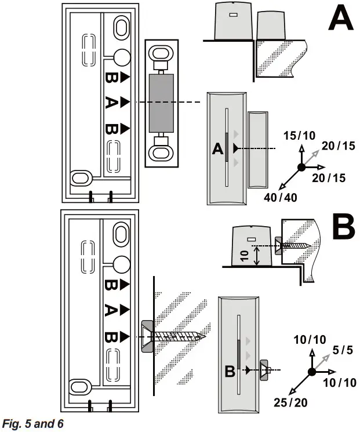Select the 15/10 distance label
click(x=299, y=136)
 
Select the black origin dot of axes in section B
click(x=311, y=372)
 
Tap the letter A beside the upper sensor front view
click(x=218, y=150)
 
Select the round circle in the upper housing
click(x=121, y=57)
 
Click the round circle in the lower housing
click(x=121, y=264)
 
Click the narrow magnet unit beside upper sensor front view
click(x=255, y=150)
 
